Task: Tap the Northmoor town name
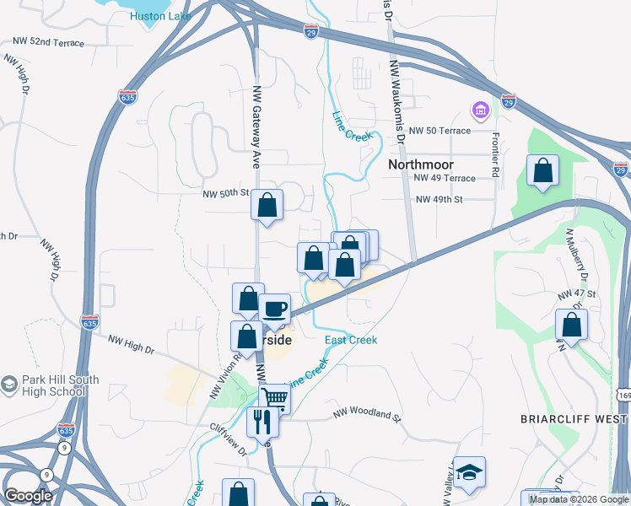[x=421, y=164]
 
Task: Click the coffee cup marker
[x=275, y=309]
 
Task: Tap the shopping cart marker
[x=275, y=398]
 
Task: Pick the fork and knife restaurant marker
[x=262, y=420]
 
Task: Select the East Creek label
[x=351, y=340]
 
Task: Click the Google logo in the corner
[x=28, y=496]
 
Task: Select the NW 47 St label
[x=577, y=294]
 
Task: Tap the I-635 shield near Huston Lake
[x=128, y=97]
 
